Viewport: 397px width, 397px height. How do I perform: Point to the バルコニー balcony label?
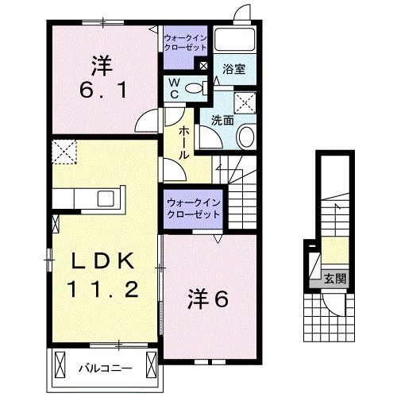103,368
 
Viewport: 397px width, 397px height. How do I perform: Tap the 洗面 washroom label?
222,121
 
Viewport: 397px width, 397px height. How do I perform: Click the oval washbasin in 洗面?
245,136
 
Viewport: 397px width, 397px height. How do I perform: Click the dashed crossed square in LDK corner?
64,151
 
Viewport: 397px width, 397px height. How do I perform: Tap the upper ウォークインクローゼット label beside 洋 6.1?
184,41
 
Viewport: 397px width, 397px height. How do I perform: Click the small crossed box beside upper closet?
204,66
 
